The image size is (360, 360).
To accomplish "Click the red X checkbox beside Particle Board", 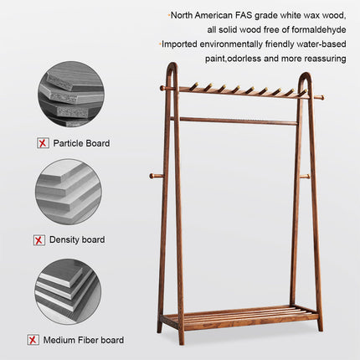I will (x=43, y=143).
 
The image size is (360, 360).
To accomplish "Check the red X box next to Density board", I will (x=39, y=240).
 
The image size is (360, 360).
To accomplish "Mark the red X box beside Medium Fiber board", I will (x=32, y=340).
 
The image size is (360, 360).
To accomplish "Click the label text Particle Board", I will (x=81, y=143).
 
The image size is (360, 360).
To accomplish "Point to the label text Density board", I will (x=77, y=240).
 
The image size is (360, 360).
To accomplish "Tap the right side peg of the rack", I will (x=306, y=176).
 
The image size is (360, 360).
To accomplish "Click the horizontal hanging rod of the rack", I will (x=234, y=121).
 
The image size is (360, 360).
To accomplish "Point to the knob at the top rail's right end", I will (x=319, y=98).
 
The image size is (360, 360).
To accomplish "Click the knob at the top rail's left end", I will (x=163, y=87).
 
